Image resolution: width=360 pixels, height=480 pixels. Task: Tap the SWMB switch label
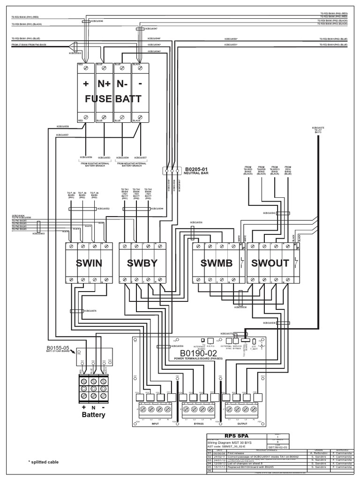tap(216, 263)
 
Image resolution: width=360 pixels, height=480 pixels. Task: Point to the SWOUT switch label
tap(270, 263)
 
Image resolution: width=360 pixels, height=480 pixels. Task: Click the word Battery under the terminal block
tap(94, 414)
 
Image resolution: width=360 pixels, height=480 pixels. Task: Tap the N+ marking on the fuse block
tap(104, 85)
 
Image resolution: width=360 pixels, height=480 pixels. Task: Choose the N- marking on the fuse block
tap(122, 85)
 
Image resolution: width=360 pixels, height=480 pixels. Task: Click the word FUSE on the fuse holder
tap(98, 99)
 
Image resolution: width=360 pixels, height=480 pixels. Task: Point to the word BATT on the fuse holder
tap(129, 99)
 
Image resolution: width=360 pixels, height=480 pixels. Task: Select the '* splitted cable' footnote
tap(44, 462)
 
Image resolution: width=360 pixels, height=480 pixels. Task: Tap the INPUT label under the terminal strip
tap(155, 422)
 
